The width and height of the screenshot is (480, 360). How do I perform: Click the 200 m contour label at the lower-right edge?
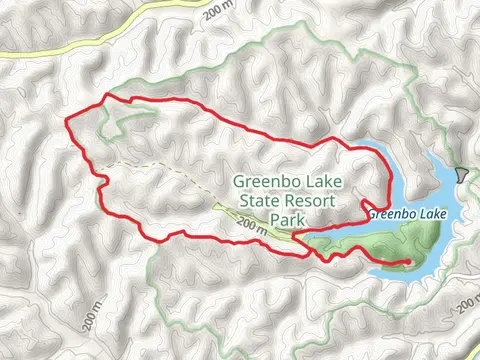(465, 303)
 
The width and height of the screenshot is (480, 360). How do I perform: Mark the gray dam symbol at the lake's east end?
(461, 175)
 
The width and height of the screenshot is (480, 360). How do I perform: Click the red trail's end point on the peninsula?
(408, 262)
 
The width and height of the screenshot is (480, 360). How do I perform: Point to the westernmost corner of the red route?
(66, 121)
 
